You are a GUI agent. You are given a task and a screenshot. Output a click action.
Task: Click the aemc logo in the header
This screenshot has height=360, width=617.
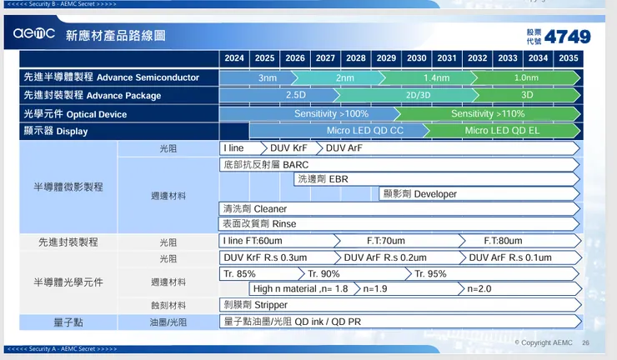(34, 35)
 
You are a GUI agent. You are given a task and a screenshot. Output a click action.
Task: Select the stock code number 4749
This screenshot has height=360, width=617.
(568, 36)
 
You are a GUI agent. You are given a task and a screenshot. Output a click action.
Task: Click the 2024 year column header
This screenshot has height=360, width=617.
(234, 58)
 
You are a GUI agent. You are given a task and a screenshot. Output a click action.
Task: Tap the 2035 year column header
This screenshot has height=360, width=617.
(568, 58)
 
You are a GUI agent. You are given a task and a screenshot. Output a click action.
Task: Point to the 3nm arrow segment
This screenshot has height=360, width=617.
(267, 77)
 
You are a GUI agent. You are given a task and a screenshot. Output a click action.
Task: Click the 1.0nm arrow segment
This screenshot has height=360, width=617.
(525, 77)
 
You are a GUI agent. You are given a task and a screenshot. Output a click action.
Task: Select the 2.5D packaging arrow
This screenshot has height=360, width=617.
(296, 95)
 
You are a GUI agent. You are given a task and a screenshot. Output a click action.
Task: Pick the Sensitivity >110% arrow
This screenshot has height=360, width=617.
(488, 113)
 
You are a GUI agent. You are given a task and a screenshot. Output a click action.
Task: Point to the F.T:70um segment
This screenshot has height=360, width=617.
(386, 241)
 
